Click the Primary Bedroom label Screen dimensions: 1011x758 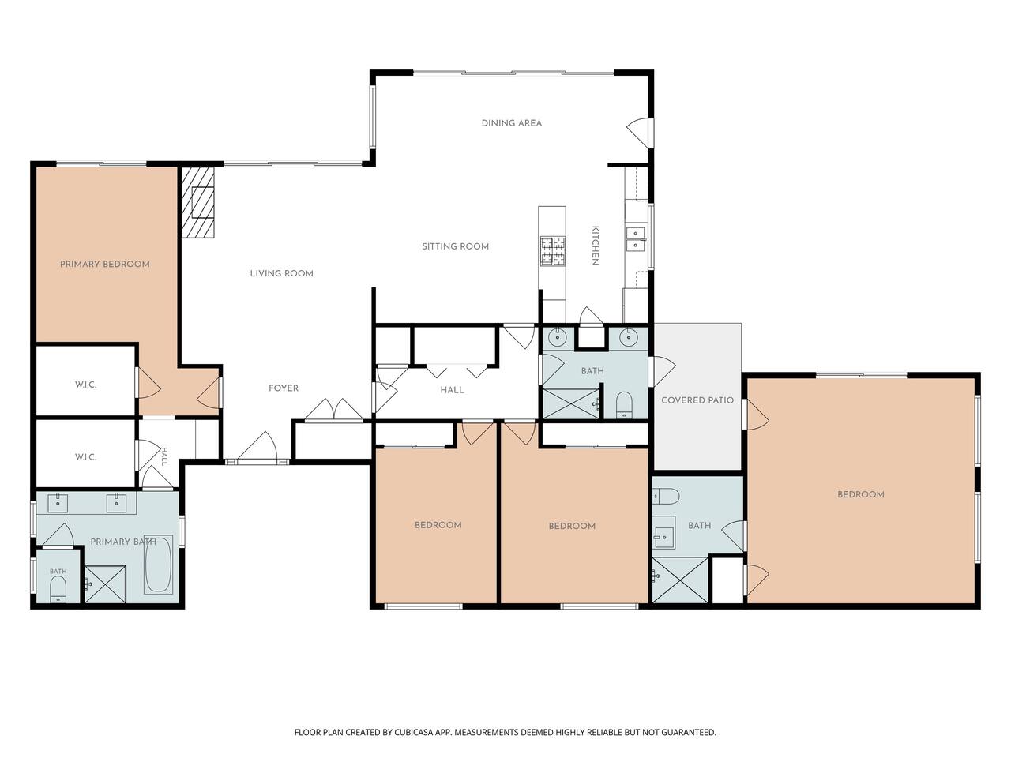[105, 265]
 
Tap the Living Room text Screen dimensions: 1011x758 [281, 273]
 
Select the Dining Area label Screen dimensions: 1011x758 [511, 123]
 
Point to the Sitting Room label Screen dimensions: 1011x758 [455, 246]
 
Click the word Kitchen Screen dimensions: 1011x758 [595, 246]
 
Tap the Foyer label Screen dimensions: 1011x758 [284, 388]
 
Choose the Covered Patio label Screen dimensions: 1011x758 [697, 400]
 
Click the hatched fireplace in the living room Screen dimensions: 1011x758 [197, 202]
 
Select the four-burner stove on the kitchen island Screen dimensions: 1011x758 [552, 251]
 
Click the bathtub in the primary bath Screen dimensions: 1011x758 [159, 565]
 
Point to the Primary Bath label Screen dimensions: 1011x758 [123, 542]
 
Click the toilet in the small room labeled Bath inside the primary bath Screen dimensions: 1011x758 [58, 590]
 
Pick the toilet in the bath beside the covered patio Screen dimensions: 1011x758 [624, 405]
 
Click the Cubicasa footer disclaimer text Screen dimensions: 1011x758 [505, 732]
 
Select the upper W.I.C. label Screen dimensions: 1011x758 [85, 385]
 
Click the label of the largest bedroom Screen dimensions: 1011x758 [860, 494]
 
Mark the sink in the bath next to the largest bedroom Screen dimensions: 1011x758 [663, 532]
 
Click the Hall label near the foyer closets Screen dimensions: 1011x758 [452, 390]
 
